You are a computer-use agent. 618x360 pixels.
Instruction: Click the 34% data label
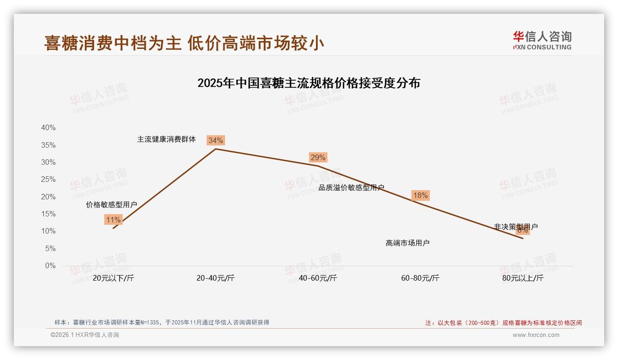[x=215, y=140]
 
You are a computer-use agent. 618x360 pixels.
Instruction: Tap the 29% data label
[x=318, y=157]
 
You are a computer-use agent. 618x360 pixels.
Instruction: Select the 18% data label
[x=420, y=195]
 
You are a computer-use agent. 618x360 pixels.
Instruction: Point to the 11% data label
[x=113, y=220]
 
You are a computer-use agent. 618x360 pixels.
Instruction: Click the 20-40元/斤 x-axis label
[x=215, y=278]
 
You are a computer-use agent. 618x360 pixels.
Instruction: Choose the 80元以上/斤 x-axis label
[x=523, y=278]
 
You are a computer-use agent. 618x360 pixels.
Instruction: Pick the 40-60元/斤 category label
[x=318, y=278]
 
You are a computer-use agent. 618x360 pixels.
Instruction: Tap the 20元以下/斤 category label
[x=113, y=278]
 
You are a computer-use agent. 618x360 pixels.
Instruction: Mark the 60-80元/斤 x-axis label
[x=420, y=278]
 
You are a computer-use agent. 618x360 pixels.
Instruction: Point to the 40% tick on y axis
[x=48, y=128]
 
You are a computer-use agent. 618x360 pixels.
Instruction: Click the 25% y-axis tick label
[x=48, y=180]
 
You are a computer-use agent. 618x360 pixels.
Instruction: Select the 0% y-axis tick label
[x=50, y=266]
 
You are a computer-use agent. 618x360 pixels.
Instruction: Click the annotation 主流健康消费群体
[x=166, y=139]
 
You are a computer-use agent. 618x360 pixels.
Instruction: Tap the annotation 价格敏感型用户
[x=111, y=204]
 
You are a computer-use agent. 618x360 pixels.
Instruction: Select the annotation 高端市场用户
[x=407, y=243]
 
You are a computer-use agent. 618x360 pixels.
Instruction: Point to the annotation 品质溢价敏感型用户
[x=351, y=187]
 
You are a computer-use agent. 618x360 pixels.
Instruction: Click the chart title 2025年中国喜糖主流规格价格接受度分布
[x=309, y=83]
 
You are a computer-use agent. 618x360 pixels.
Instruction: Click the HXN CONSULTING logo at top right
[x=542, y=41]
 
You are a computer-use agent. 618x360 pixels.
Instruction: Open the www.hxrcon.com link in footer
[x=536, y=335]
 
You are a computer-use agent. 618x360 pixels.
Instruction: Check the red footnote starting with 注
[x=503, y=323]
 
